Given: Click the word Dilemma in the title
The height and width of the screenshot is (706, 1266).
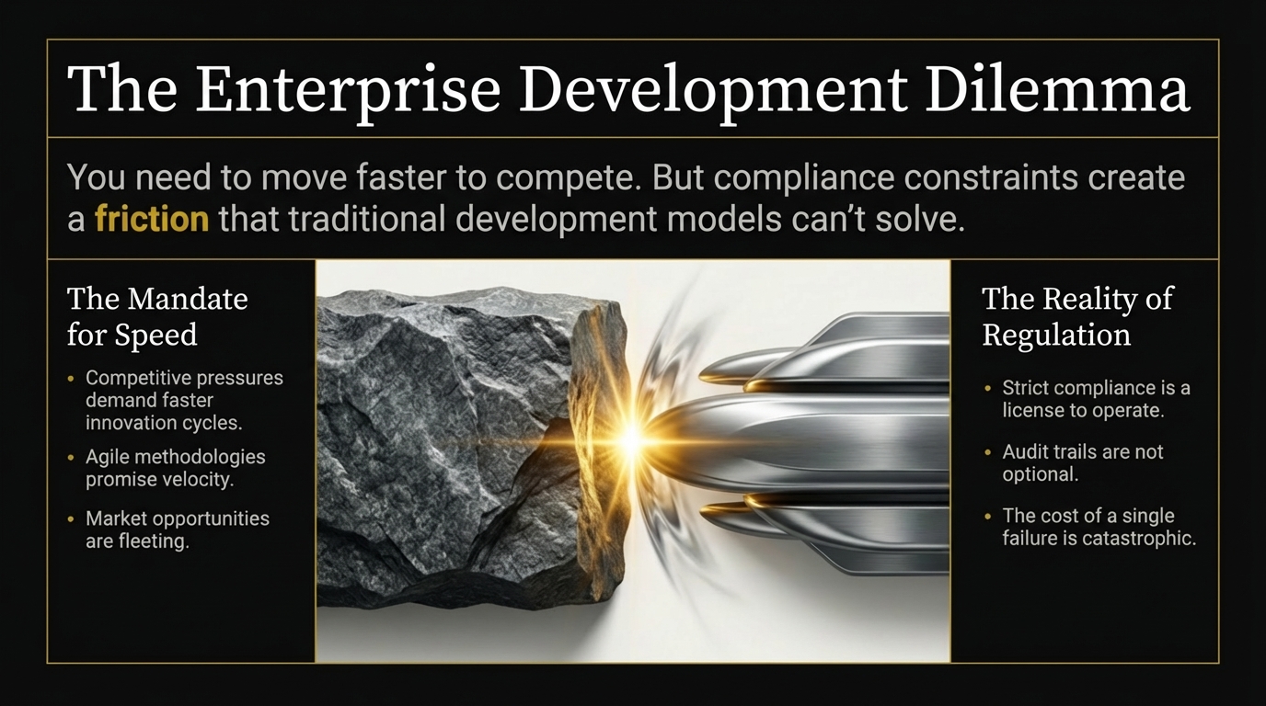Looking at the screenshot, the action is (x=1057, y=89).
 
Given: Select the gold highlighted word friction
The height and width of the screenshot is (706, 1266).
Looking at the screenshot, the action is (x=152, y=219).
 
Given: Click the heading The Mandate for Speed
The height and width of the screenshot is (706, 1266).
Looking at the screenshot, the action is (x=157, y=316).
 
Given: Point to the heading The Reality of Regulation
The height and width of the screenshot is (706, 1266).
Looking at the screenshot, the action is (x=1077, y=316).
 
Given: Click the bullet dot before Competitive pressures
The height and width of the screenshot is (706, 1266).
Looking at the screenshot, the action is (x=71, y=379).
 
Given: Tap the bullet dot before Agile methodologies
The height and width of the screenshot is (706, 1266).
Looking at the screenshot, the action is (x=71, y=458).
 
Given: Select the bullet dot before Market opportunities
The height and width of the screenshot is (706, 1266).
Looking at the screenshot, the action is (x=71, y=519).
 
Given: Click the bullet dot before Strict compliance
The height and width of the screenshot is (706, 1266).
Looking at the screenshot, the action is (x=987, y=388).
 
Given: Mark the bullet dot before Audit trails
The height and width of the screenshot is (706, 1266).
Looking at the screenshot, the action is (x=987, y=452).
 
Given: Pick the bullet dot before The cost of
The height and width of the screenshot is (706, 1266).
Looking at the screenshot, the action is (x=987, y=517).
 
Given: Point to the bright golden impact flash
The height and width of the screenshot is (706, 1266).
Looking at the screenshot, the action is (x=632, y=439).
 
